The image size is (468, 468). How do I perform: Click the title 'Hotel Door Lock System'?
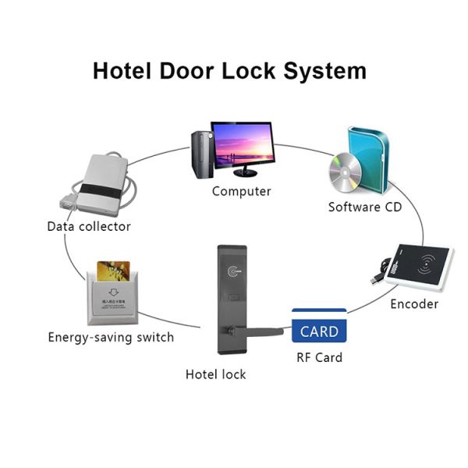click(x=229, y=70)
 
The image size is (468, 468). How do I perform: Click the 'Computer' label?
click(x=242, y=191)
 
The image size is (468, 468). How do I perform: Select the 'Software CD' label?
click(x=365, y=207)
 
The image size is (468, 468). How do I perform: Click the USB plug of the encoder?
click(x=377, y=278)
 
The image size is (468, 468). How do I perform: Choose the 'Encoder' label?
click(x=414, y=304)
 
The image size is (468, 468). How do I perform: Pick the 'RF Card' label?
click(x=319, y=358)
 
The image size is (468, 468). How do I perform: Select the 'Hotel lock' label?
click(x=215, y=374)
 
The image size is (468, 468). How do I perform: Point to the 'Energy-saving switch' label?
click(x=111, y=338)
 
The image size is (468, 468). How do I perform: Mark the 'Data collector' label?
click(x=89, y=227)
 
